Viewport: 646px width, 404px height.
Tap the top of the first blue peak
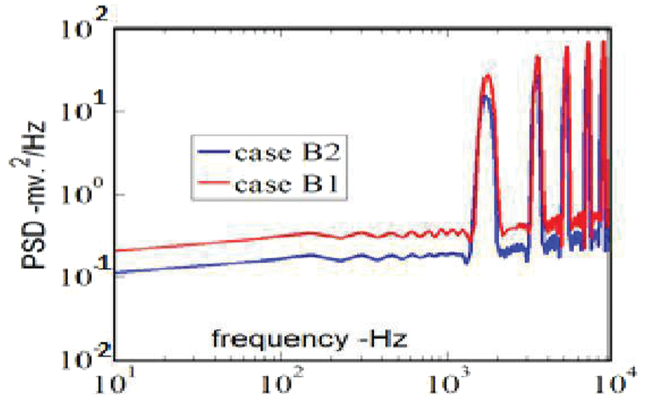[x=485, y=95]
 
